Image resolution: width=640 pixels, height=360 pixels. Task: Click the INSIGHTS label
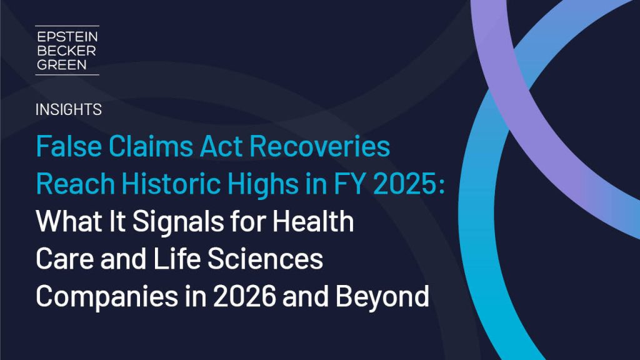tap(68, 110)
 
